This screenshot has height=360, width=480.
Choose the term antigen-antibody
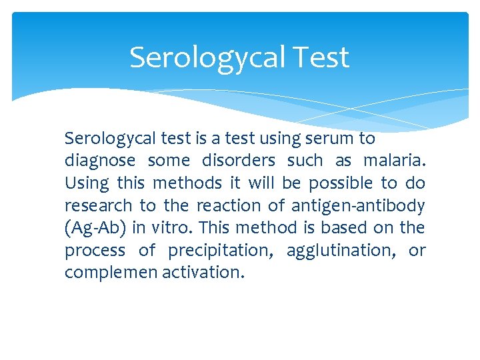pos(358,205)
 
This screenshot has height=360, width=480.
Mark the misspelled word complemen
pos(111,273)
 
